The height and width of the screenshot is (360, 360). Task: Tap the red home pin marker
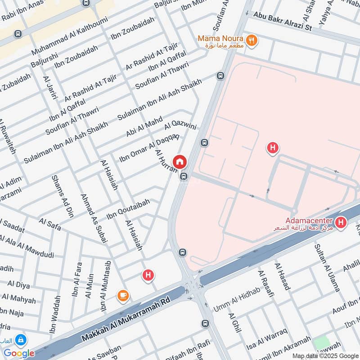click(x=180, y=162)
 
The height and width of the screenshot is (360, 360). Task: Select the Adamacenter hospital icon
click(x=342, y=222)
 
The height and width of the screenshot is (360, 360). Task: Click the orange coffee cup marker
click(x=123, y=295)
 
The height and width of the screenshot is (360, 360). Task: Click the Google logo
click(x=19, y=353)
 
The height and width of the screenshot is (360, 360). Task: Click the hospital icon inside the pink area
click(x=272, y=147)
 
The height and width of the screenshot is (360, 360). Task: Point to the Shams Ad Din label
click(x=63, y=196)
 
